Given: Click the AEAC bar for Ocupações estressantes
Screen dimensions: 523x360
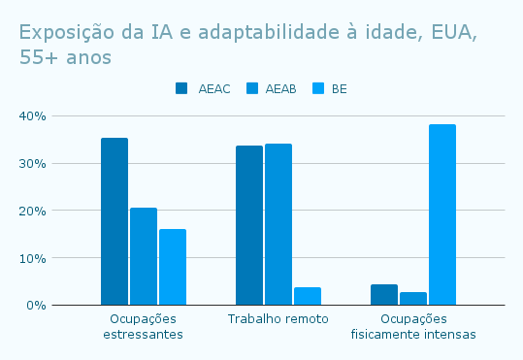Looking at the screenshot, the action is point(114,221).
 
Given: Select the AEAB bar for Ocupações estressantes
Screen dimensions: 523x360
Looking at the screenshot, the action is point(144,256).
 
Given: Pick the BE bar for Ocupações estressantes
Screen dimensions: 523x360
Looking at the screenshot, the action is point(173,267).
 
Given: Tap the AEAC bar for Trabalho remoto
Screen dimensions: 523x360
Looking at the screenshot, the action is point(249,225).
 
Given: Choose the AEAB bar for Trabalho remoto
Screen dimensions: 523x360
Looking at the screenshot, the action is point(278,224).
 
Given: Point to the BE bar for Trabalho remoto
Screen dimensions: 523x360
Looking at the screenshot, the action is point(308,296).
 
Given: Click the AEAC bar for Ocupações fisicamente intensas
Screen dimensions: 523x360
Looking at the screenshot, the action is point(384,295).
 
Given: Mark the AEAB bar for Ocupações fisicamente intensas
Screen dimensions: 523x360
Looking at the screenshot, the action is point(413,299).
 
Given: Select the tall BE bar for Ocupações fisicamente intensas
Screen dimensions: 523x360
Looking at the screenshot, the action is point(442,214).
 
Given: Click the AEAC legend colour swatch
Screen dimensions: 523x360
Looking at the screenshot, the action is point(181,88).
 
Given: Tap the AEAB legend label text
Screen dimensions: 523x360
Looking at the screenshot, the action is point(280,89).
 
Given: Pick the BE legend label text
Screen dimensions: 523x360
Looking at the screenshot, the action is point(340,89).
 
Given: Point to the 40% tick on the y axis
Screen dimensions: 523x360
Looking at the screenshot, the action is point(33,116).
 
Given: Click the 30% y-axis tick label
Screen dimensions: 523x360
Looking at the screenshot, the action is point(33,163).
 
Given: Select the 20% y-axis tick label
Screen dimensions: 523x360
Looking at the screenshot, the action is point(33,211).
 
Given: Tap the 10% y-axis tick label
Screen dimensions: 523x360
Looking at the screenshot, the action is point(33,258).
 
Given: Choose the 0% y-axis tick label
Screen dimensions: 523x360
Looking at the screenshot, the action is point(36,306).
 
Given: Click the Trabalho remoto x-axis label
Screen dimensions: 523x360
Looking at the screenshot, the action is point(278,319).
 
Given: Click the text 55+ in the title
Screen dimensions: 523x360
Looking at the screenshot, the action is point(39,57).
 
